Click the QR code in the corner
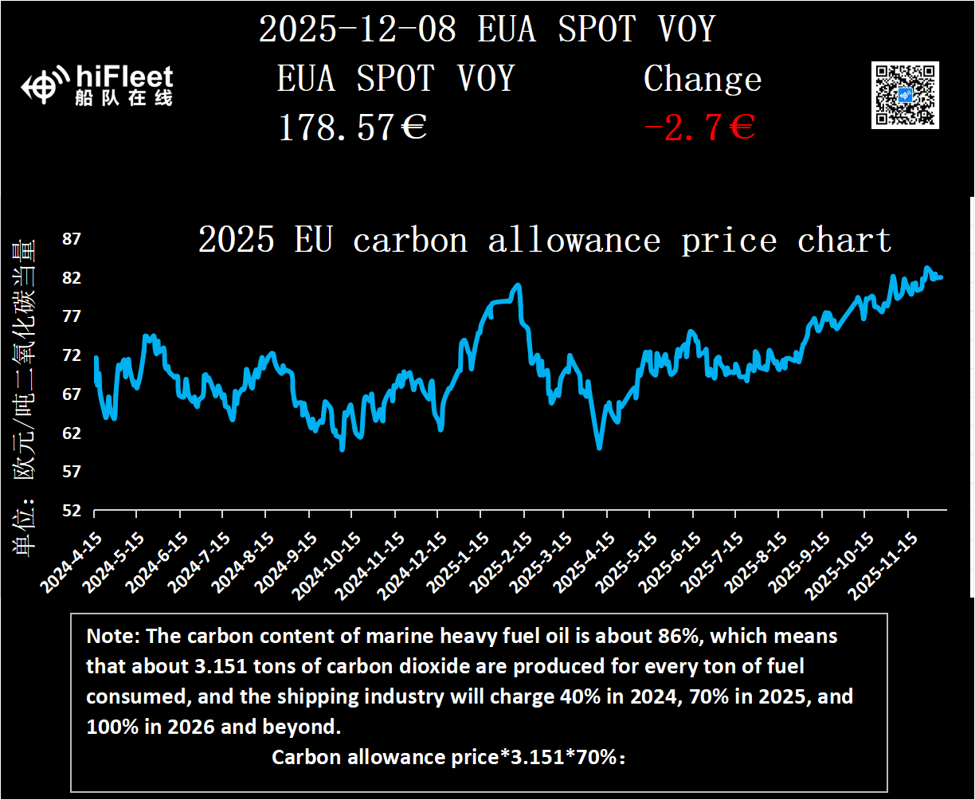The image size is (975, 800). (905, 95)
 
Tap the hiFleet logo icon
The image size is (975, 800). (43, 87)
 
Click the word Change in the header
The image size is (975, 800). (703, 79)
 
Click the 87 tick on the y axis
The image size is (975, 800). (72, 239)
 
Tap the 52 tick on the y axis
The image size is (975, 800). (72, 511)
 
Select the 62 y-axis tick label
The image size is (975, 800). (72, 433)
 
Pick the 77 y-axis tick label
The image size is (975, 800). (72, 316)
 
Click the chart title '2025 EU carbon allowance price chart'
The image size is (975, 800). (544, 240)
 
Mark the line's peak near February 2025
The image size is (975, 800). (518, 284)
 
